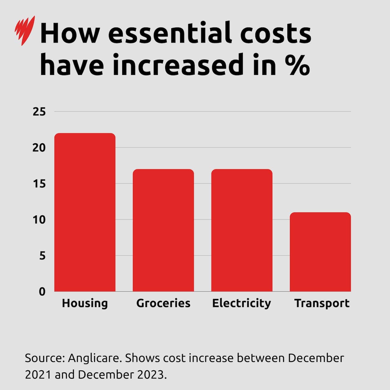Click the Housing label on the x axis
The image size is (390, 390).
tap(85, 303)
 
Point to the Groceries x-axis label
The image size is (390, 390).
tap(163, 303)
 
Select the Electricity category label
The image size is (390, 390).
tap(242, 303)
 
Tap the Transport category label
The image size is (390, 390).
tap(322, 303)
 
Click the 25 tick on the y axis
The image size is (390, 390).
tap(39, 112)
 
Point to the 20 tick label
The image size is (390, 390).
tap(39, 148)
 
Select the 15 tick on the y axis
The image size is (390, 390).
tap(39, 184)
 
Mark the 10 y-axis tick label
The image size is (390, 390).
tap(39, 220)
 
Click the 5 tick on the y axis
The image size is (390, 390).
tap(42, 256)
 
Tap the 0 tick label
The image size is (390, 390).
tap(42, 292)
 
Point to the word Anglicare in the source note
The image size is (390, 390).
tap(94, 358)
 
